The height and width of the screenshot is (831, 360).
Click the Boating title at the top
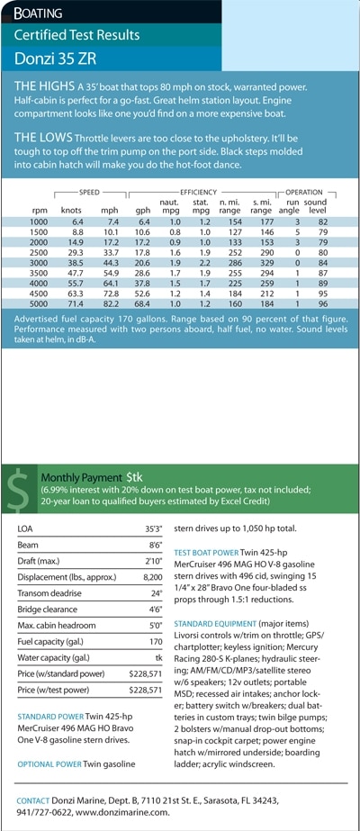point(38,13)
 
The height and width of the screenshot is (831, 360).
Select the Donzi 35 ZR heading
point(55,59)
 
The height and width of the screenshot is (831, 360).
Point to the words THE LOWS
point(43,138)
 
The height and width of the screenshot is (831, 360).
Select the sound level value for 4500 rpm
point(323,294)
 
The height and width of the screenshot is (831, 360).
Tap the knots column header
point(71,211)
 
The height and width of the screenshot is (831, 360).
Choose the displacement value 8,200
point(152,577)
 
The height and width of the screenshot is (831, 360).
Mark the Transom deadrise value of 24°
point(157,593)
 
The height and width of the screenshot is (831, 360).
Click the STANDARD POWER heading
point(50,717)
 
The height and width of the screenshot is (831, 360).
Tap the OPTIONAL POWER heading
point(49,764)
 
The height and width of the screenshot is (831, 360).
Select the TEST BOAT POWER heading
point(206,552)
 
